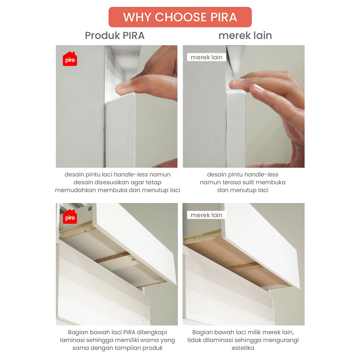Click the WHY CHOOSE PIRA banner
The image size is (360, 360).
pyautogui.click(x=180, y=17)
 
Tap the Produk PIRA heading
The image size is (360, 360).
pyautogui.click(x=114, y=36)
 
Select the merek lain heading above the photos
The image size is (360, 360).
pyautogui.click(x=245, y=36)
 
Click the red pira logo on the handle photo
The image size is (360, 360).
pyautogui.click(x=70, y=59)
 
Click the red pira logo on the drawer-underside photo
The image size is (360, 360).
pyautogui.click(x=70, y=216)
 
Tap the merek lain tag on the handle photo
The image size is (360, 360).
pyautogui.click(x=206, y=57)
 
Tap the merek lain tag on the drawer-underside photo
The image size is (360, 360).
pyautogui.click(x=206, y=215)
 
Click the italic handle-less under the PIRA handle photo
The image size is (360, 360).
pyautogui.click(x=131, y=175)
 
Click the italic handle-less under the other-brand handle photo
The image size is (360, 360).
pyautogui.click(x=261, y=175)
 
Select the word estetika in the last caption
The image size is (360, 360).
pyautogui.click(x=243, y=348)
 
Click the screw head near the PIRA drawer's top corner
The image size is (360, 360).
pyautogui.click(x=90, y=208)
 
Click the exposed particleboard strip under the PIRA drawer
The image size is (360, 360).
pyautogui.click(x=112, y=257)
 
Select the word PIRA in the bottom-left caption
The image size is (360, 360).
pyautogui.click(x=129, y=332)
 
